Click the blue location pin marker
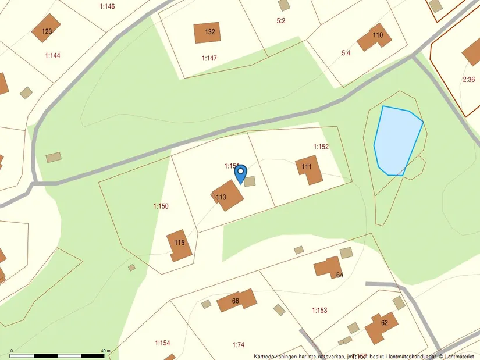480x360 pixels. coord(240,173)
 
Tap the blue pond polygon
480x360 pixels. coord(397,140)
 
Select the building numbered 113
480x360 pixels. coord(227,195)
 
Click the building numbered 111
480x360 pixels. coord(309,169)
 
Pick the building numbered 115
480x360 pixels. coord(179,245)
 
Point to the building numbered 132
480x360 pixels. coord(207,33)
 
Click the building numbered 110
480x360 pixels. coord(373,38)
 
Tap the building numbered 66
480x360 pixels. coord(237,301)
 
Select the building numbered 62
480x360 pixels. coord(381,327)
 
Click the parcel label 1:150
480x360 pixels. coord(161,206)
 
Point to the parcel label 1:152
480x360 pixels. coord(321,147)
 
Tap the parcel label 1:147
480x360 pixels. coord(209,58)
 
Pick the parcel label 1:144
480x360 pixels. coord(53,56)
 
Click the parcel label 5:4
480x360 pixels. coord(346,53)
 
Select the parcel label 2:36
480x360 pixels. coord(469,79)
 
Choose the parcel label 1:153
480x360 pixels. coord(319,311)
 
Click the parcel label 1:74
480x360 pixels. coord(239,344)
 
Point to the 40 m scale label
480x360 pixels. coord(105,351)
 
